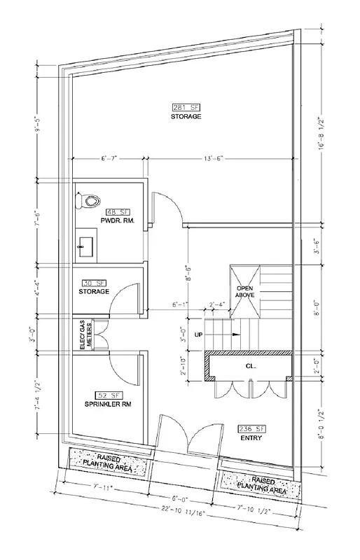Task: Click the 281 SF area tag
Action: (185, 107)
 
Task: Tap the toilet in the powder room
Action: (89, 202)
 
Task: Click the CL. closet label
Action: (249, 365)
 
